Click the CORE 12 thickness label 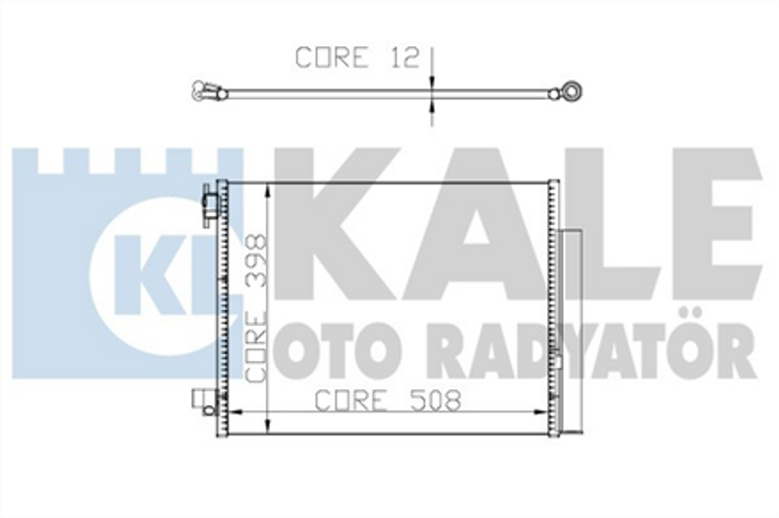pyautogui.click(x=356, y=57)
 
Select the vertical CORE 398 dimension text pyautogui.click(x=257, y=307)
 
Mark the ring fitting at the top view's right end pyautogui.click(x=571, y=91)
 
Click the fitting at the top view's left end pyautogui.click(x=205, y=91)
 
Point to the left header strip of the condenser pyautogui.click(x=224, y=306)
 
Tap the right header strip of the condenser pyautogui.click(x=553, y=306)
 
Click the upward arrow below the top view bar pyautogui.click(x=432, y=111)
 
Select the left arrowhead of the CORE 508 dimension pyautogui.click(x=237, y=413)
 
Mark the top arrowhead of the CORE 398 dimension pyautogui.click(x=271, y=189)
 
